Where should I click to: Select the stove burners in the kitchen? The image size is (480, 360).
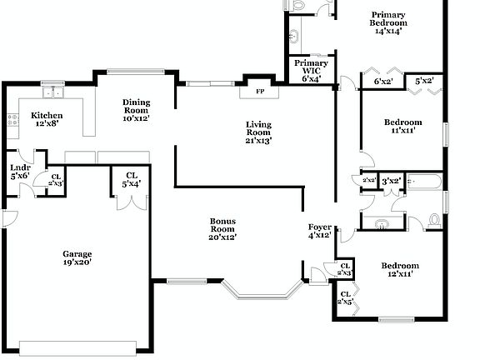pyautogui.click(x=12, y=119)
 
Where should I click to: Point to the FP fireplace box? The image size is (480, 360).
pyautogui.click(x=259, y=90)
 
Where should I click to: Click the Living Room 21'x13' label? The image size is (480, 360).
pyautogui.click(x=258, y=132)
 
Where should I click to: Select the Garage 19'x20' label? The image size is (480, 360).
pyautogui.click(x=77, y=257)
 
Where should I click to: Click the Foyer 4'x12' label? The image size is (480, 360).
pyautogui.click(x=320, y=231)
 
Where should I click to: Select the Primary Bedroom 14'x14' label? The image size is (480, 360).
pyautogui.click(x=387, y=22)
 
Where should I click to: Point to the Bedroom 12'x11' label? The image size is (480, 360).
pyautogui.click(x=400, y=270)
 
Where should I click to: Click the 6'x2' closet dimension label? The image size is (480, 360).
pyautogui.click(x=382, y=82)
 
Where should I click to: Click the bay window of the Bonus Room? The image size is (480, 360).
pyautogui.click(x=263, y=290)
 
